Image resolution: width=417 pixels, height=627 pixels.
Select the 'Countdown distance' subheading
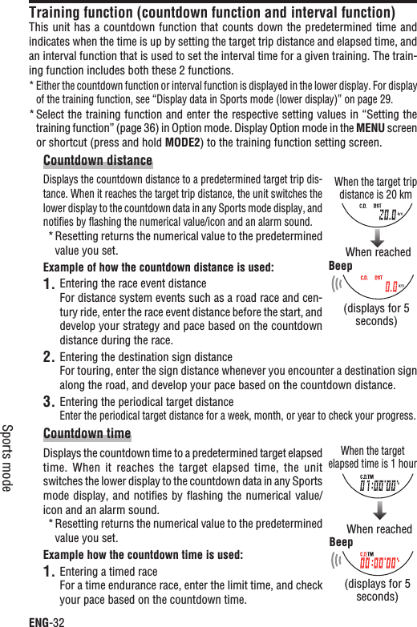pos(98,162)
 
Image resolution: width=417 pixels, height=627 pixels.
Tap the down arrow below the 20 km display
pos(378,239)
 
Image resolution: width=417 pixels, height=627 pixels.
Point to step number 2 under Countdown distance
pos(49,357)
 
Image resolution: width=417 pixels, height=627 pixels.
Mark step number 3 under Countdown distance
pos(49,402)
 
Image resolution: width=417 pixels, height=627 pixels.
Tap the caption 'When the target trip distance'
pos(375,187)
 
